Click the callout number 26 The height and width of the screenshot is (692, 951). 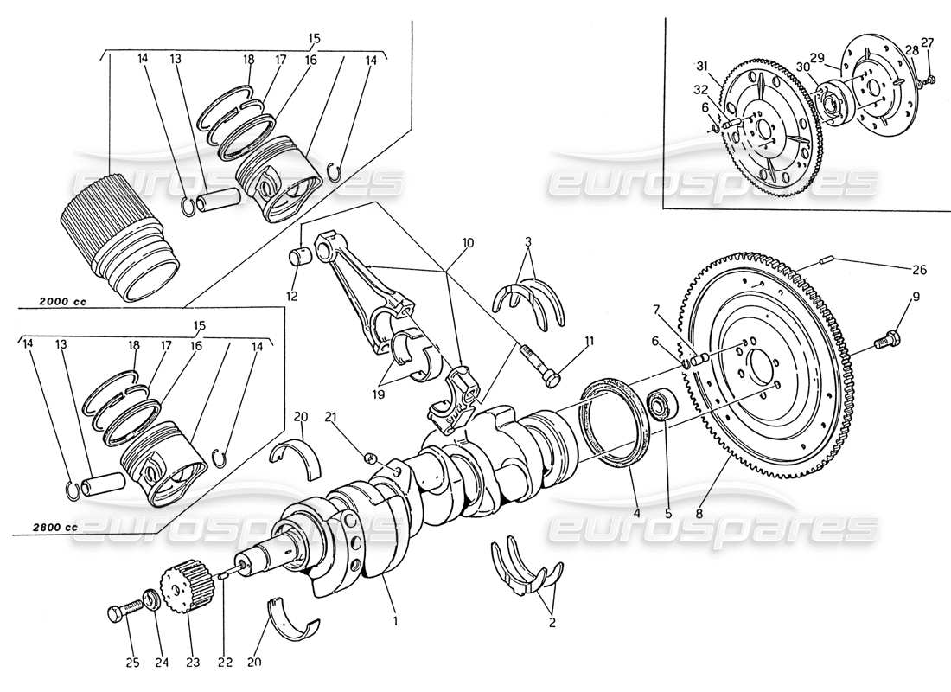point(918,270)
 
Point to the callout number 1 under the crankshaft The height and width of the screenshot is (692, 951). point(395,619)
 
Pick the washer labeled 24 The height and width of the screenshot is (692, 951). point(149,599)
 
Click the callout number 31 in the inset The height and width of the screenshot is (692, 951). point(702,66)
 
